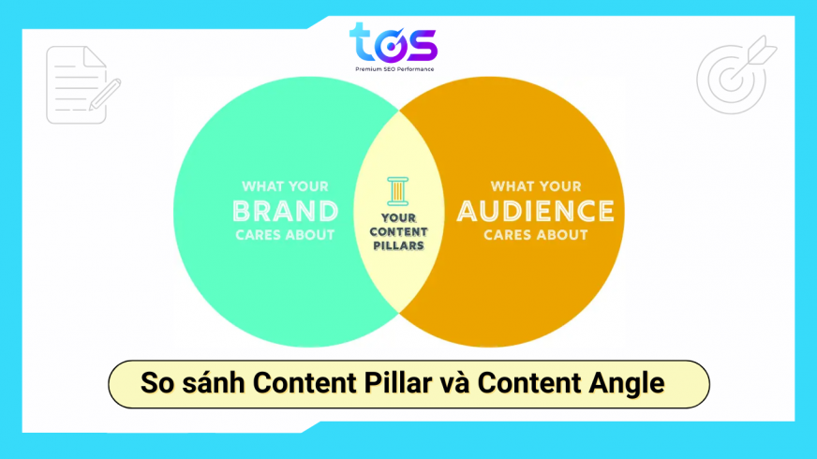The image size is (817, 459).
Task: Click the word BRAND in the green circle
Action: [285, 210]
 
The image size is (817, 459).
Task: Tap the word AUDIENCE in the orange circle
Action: [536, 210]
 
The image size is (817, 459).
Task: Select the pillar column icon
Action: [397, 190]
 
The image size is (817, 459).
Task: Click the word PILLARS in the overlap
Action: [397, 245]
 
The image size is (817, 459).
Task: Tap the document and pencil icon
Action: [82, 85]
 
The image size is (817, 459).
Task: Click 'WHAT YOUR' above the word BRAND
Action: [285, 185]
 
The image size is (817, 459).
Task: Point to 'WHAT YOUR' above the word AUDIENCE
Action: [536, 185]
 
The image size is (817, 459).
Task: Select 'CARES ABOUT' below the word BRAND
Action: [286, 234]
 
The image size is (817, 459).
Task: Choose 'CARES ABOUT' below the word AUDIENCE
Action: [536, 234]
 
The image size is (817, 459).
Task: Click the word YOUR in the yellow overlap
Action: [397, 218]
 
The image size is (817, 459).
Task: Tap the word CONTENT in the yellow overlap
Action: [397, 232]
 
